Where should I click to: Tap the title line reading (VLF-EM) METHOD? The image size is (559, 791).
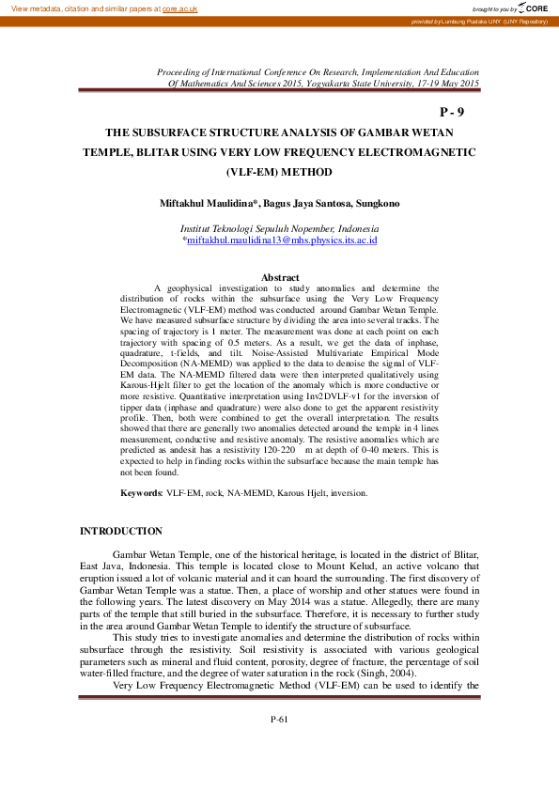click(279, 173)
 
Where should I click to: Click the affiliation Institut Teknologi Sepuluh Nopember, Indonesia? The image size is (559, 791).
click(280, 228)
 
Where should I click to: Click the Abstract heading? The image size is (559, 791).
click(280, 277)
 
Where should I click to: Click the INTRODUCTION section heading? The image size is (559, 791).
click(121, 532)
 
